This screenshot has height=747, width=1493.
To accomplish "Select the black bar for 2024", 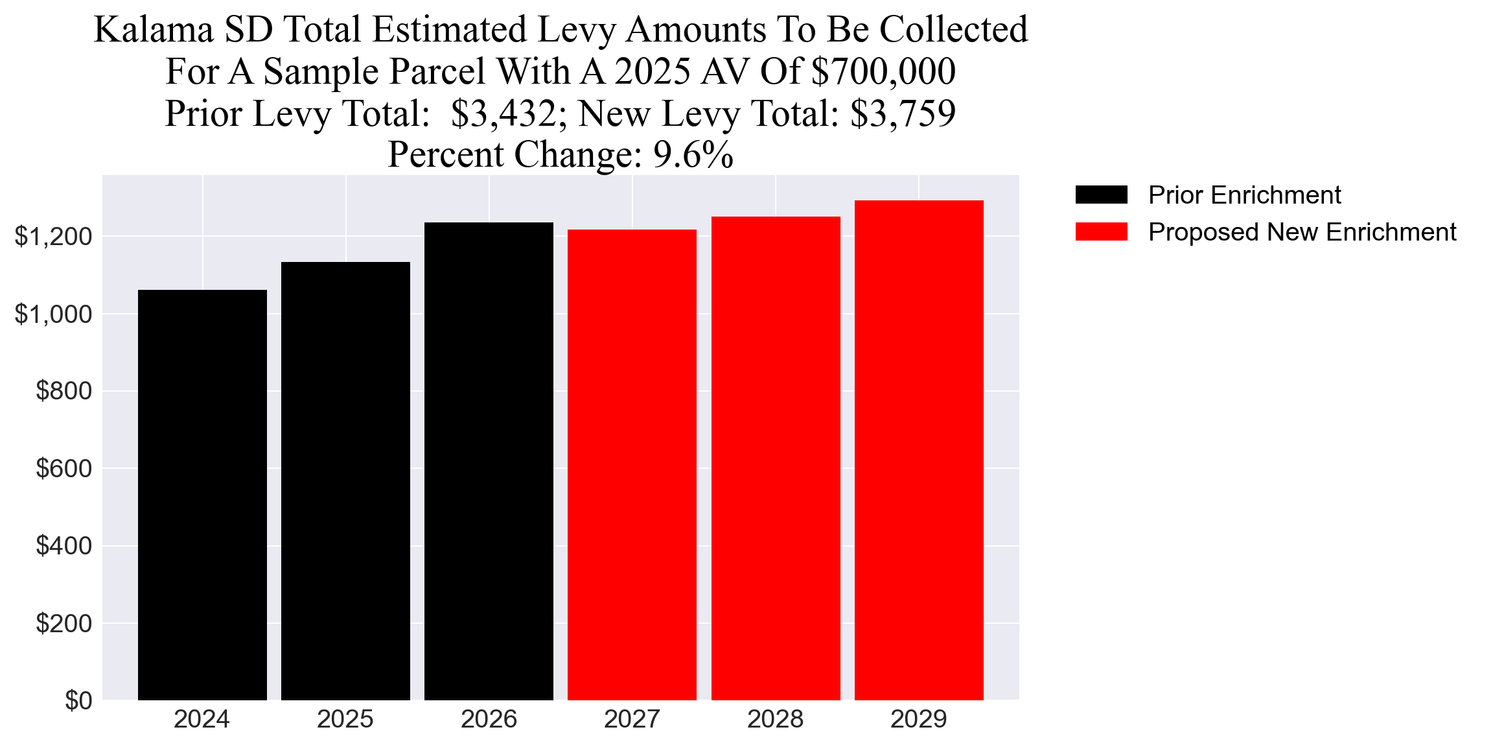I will (202, 495).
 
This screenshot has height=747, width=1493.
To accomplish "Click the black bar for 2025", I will (345, 480).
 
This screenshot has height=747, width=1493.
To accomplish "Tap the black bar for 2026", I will (489, 461).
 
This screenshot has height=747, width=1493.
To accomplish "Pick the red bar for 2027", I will (632, 464).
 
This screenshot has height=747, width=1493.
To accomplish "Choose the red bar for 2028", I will (776, 458).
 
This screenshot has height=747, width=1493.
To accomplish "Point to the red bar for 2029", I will (919, 450).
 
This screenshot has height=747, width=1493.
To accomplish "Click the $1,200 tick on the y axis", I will (53, 237).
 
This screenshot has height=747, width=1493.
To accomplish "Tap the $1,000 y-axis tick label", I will (53, 314).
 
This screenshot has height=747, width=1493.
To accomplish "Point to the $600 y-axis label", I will (64, 468).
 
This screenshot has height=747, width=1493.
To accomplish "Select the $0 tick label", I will (78, 700).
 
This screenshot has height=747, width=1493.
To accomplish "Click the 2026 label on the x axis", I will (489, 719).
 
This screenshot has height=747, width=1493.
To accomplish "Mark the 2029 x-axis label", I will (919, 719).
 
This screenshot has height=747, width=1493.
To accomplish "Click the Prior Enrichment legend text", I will (1244, 195).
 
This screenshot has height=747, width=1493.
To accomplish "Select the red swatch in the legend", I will (1101, 232).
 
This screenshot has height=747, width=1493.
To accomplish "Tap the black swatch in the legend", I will (1101, 195).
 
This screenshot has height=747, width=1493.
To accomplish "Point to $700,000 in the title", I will (883, 72).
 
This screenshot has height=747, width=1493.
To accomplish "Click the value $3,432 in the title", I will (503, 114).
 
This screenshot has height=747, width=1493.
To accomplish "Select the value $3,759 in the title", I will (903, 114).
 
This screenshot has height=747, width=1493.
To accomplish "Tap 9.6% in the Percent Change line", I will (693, 156).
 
